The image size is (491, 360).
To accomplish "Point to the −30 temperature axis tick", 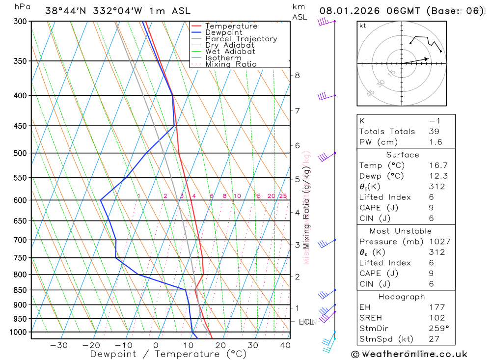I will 59,345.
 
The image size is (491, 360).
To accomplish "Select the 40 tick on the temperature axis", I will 285,345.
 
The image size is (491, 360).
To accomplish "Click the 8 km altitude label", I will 297,75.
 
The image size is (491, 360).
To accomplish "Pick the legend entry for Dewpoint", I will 223,32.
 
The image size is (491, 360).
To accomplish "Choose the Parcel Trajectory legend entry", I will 241,39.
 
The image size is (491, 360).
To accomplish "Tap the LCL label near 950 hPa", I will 306,322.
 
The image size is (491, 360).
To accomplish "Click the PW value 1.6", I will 436,142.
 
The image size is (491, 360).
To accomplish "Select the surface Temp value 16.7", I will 438,166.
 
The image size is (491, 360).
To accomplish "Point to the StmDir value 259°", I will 439,328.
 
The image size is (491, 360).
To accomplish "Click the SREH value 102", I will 436,318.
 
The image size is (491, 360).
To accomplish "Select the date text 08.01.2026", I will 348,11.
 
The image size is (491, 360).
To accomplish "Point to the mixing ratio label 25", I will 283,196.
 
